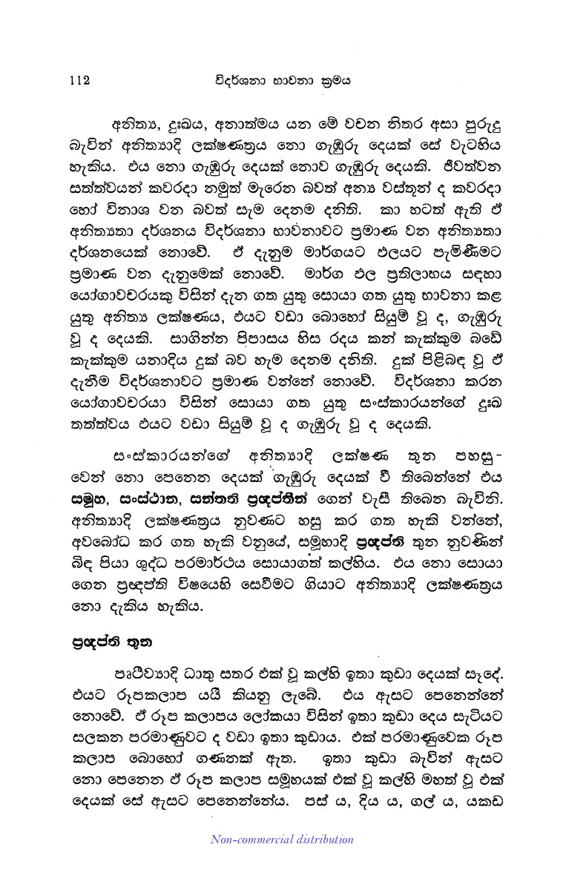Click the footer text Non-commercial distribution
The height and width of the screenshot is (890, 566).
283,840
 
